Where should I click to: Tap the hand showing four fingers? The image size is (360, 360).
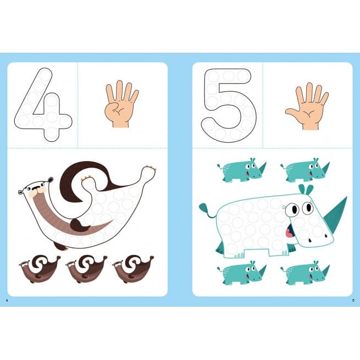point(121,104)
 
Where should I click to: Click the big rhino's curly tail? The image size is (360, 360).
point(207,209)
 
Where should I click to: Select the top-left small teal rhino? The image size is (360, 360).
point(241,169)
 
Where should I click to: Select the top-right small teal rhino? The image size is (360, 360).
point(304,169)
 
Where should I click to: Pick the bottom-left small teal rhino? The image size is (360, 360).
point(241,273)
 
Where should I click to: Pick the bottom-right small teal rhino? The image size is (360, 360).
point(304,273)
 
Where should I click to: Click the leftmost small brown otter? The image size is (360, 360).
point(40,269)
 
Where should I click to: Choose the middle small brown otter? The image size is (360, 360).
point(86,269)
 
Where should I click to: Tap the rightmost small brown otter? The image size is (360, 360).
point(132,269)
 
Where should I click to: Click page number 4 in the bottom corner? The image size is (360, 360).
point(7,300)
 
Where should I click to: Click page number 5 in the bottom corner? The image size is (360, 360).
point(353,300)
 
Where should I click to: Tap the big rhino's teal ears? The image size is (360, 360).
point(306,189)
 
